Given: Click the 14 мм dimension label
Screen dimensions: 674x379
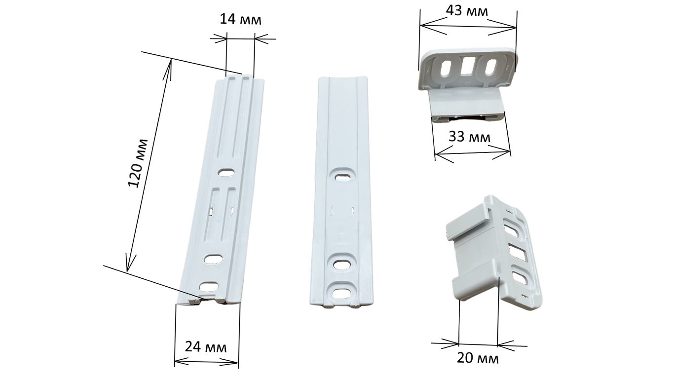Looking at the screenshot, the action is [x=240, y=20].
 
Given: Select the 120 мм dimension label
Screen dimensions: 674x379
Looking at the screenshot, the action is [x=138, y=163].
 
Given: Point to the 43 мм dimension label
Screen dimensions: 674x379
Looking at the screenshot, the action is [x=467, y=11].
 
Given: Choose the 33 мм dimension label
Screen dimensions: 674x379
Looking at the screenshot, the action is [x=469, y=137].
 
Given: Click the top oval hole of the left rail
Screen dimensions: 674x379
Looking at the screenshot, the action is [x=226, y=173].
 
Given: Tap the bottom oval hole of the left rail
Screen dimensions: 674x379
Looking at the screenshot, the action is [x=209, y=286].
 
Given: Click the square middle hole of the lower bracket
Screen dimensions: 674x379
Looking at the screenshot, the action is [x=517, y=252].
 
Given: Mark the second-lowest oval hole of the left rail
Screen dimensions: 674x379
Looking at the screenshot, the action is [x=213, y=260].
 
